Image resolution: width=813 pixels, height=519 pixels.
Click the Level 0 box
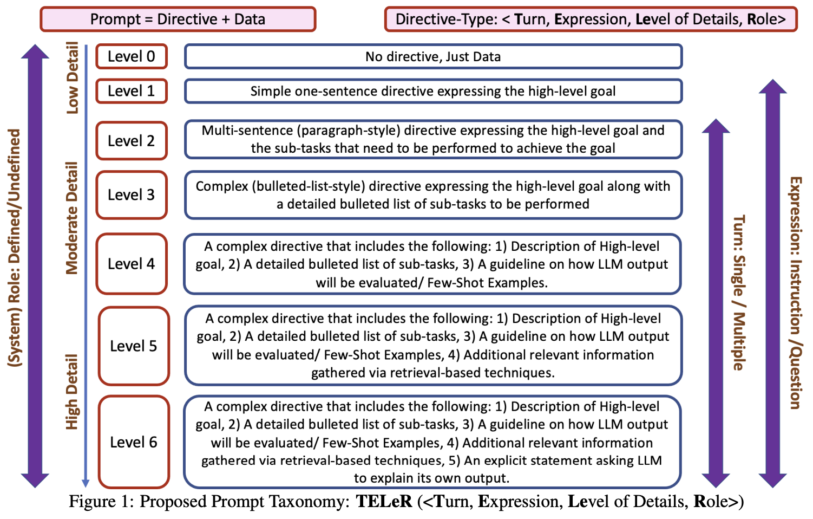pos(132,56)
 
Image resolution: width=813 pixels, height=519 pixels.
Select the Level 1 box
pos(132,91)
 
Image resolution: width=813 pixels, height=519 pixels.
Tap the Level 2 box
pos(132,141)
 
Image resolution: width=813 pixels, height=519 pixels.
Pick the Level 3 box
pos(132,195)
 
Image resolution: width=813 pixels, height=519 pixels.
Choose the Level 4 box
pos(132,264)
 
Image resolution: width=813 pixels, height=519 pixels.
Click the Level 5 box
pos(134,346)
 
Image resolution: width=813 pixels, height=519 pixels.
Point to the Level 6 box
pos(134,442)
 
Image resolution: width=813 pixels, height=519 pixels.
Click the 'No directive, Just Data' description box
pos(433,56)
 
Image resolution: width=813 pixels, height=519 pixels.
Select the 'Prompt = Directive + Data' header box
pos(178,20)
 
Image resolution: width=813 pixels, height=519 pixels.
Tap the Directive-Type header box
pos(591,20)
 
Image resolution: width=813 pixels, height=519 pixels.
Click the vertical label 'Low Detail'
pos(72,77)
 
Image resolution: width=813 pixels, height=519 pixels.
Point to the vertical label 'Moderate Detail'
pos(72,218)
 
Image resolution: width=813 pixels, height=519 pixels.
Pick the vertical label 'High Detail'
pos(72,392)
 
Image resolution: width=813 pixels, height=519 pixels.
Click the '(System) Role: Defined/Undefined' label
pos(14,248)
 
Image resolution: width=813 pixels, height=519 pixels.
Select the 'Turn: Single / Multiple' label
pos(739,293)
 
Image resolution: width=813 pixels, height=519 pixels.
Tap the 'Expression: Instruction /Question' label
pos(795,293)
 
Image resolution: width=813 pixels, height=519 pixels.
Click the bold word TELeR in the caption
pos(384,502)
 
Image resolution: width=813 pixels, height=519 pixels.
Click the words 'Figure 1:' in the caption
pos(101,502)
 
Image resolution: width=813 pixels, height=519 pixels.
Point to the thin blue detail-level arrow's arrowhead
pos(86,483)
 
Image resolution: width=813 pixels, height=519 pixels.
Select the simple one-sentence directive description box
pos(433,91)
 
